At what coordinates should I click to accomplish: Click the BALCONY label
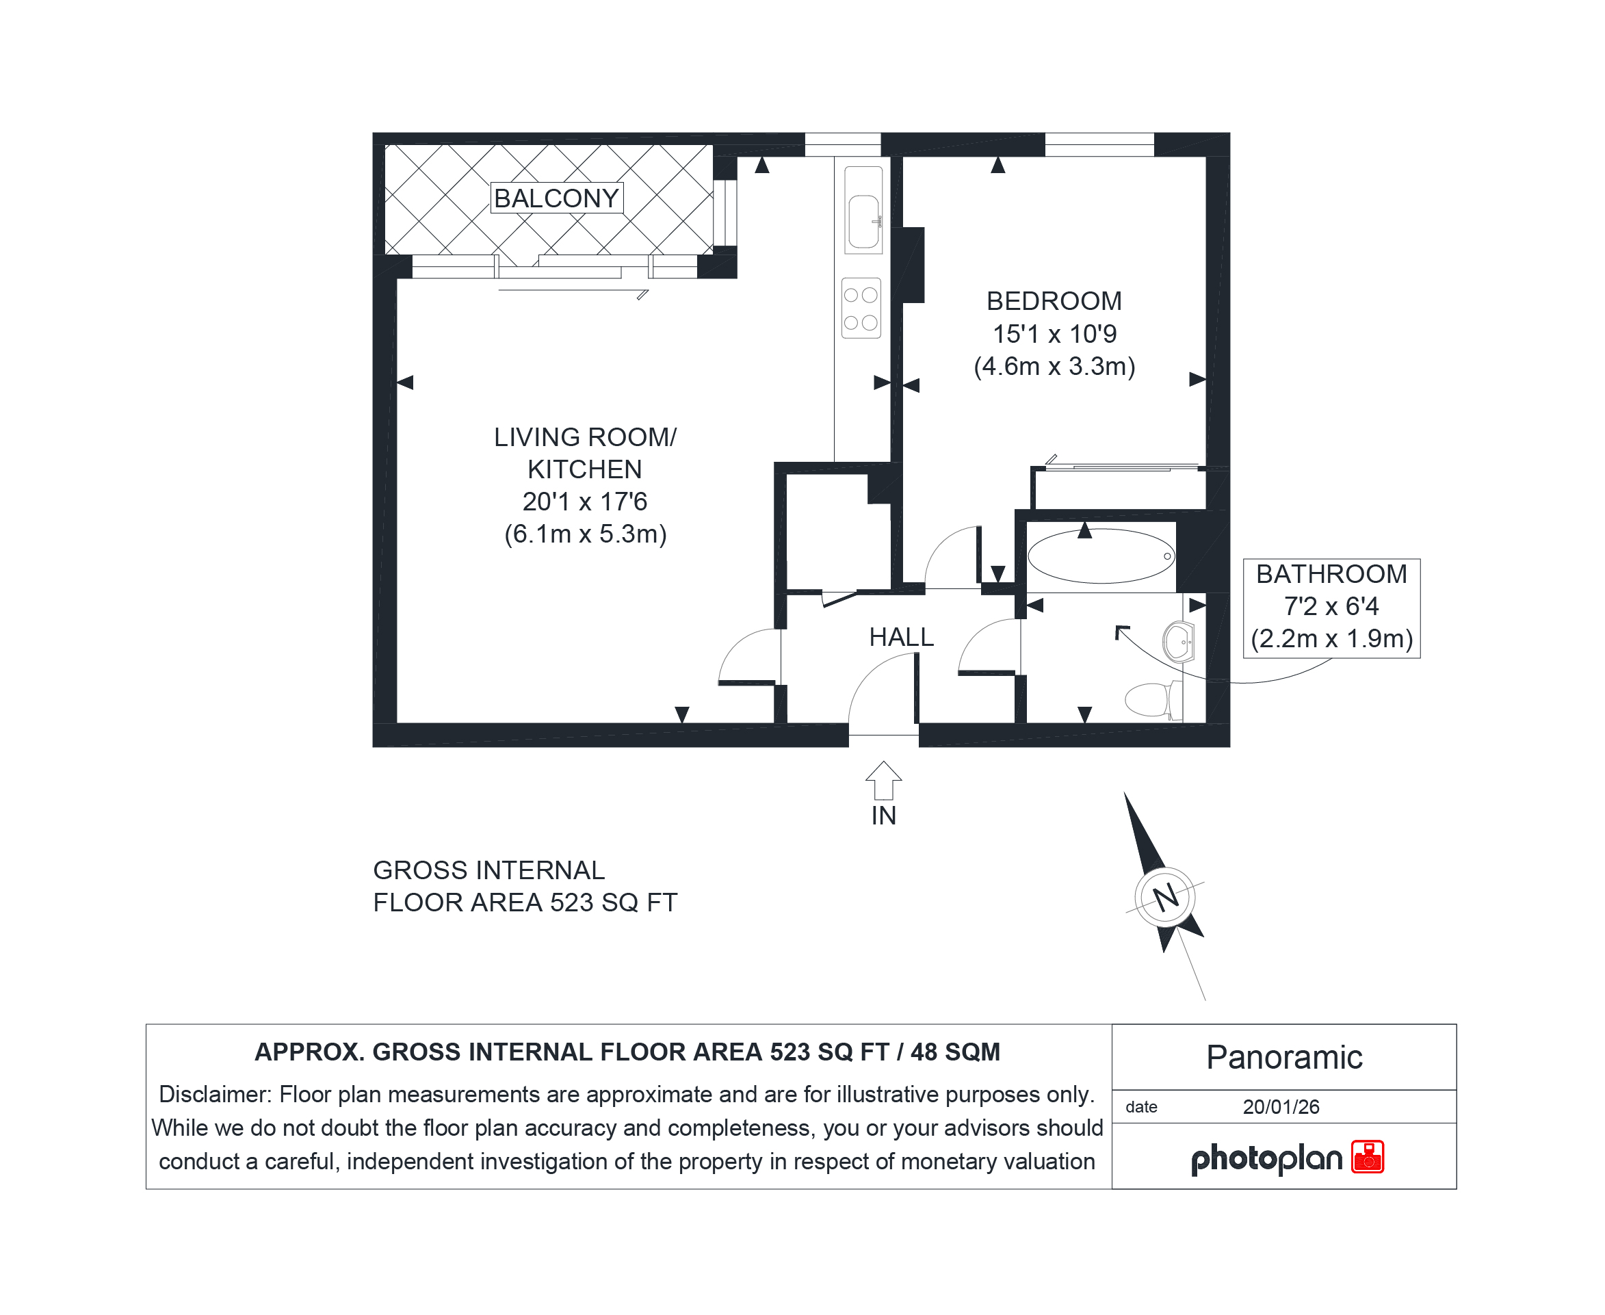click(557, 198)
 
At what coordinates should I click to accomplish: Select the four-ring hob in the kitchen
click(861, 309)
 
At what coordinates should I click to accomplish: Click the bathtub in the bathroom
click(1101, 556)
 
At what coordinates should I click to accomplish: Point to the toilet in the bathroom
click(1153, 699)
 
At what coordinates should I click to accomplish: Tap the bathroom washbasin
click(1179, 642)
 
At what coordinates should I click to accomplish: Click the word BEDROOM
click(1054, 301)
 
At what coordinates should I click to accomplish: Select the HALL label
click(901, 637)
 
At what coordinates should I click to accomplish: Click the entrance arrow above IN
click(883, 780)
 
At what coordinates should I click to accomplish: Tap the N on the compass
click(1166, 898)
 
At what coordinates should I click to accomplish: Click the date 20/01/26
click(1281, 1107)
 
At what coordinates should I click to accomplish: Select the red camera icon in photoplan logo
click(1367, 1157)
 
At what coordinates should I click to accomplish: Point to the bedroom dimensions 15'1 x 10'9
click(1054, 333)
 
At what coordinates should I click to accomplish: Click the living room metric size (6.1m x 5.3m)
click(586, 534)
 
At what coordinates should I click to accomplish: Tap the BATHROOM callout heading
click(1331, 574)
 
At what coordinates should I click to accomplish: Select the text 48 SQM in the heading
click(955, 1052)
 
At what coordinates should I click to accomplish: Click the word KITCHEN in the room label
click(585, 469)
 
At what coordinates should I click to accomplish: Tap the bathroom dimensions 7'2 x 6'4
click(1331, 606)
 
